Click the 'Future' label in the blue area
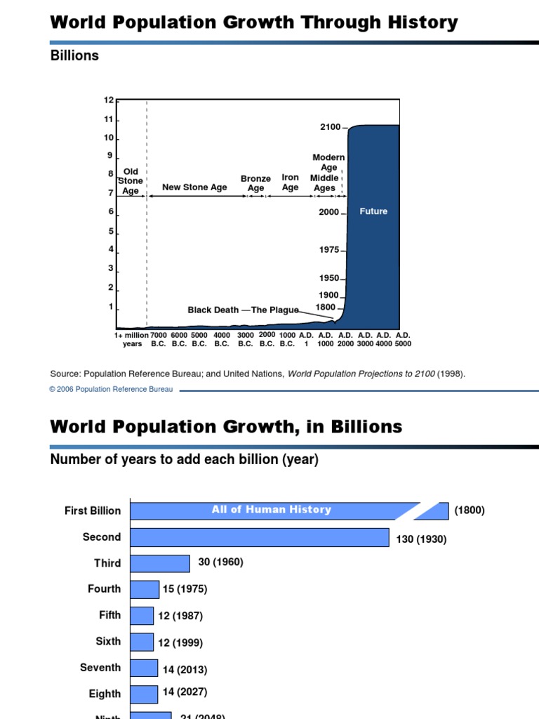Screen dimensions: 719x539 (373, 211)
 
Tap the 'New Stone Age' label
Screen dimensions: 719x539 (194, 187)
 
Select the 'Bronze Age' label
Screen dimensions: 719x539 (255, 183)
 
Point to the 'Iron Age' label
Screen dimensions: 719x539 (290, 183)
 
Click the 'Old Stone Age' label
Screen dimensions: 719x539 (131, 181)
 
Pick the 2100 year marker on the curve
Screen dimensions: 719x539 (330, 127)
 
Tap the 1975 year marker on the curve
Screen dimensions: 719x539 (329, 250)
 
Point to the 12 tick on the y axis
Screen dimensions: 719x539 (109, 100)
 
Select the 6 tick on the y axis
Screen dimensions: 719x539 (110, 211)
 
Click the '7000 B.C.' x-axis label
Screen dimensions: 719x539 (159, 339)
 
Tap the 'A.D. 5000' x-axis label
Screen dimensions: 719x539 (402, 339)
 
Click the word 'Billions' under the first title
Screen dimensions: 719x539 (74, 55)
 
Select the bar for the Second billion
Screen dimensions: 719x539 (260, 537)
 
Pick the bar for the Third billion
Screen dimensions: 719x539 (160, 563)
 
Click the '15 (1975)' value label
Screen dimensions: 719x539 (185, 589)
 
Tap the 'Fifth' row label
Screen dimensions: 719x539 (109, 615)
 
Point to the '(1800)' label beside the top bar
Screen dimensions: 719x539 (469, 510)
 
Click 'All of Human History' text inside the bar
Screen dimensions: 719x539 (271, 510)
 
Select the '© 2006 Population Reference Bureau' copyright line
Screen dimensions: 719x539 (111, 390)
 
